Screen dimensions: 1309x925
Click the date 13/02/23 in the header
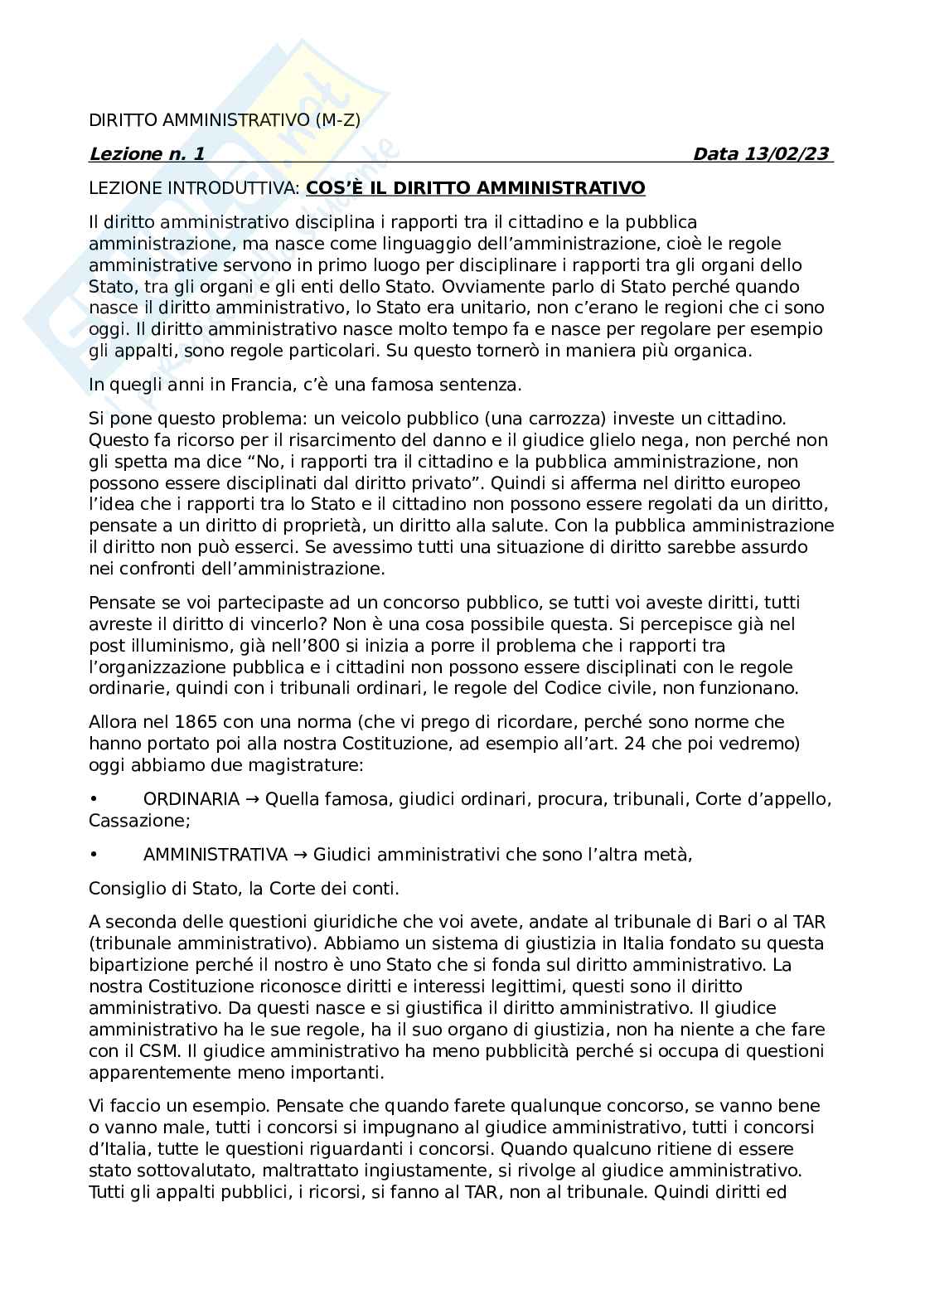click(x=788, y=154)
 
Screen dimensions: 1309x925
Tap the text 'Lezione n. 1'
click(x=146, y=154)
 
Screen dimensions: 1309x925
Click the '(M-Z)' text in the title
click(x=338, y=120)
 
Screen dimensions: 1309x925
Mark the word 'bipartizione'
click(x=139, y=965)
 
